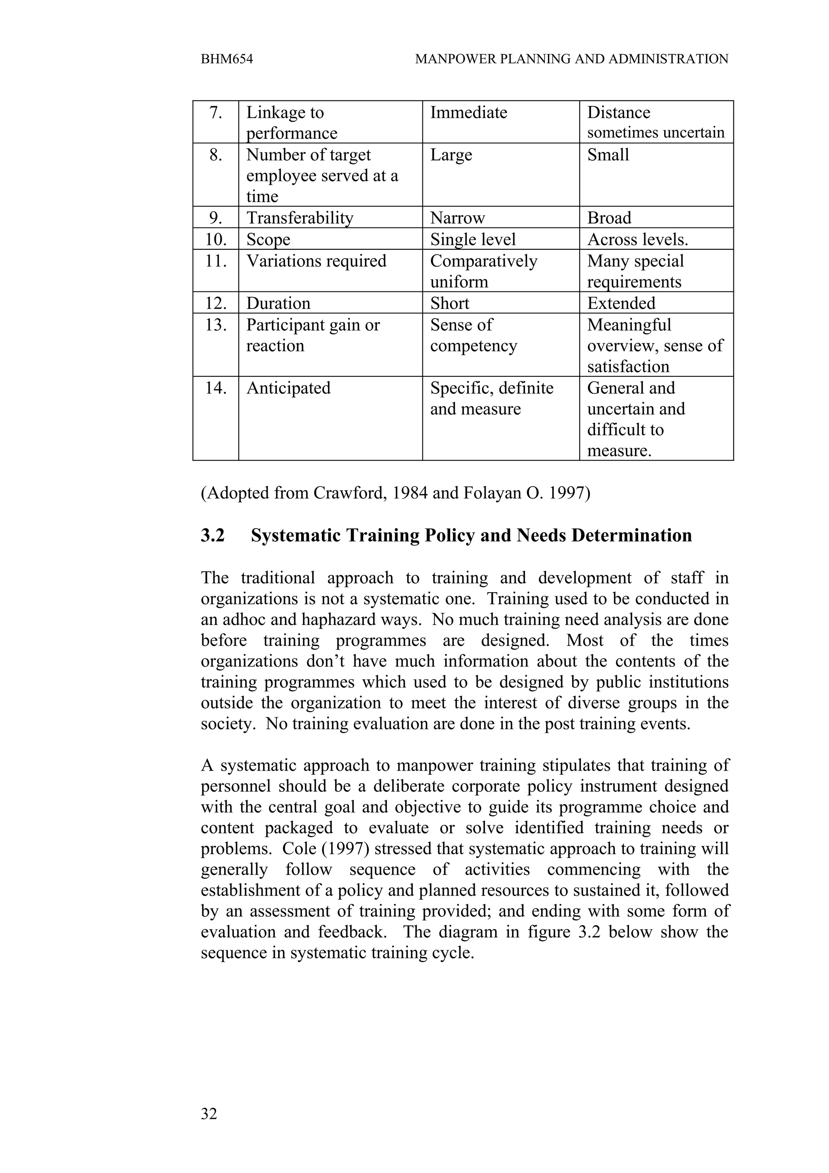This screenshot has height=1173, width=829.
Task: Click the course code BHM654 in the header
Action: (x=227, y=59)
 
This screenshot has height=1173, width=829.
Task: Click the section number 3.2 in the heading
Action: (x=213, y=535)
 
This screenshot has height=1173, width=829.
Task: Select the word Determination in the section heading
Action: (x=631, y=535)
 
